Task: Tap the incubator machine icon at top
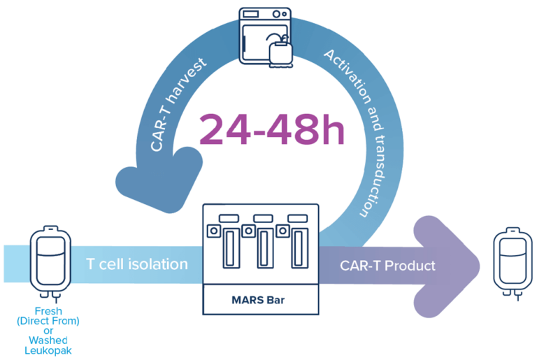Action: coord(268,36)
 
